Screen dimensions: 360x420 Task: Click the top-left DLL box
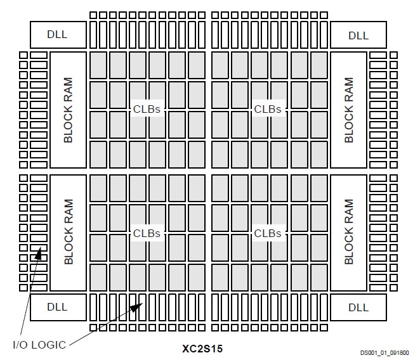[x=56, y=35]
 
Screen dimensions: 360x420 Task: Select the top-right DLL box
[x=358, y=35]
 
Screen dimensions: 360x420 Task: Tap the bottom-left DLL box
[x=56, y=307]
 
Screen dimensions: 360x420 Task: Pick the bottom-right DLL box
[x=358, y=307]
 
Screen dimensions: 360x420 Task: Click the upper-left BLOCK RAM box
[x=68, y=110]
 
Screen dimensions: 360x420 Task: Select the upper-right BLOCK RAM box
[x=348, y=110]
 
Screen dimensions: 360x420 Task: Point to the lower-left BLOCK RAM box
[x=68, y=232]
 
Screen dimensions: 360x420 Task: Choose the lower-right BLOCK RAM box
[x=348, y=232]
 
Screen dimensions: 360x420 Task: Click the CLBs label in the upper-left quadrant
[x=147, y=109]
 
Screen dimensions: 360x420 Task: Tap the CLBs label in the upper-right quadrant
[x=268, y=109]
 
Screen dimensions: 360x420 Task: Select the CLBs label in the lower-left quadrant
[x=147, y=233]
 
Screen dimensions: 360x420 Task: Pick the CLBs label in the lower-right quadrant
[x=268, y=233]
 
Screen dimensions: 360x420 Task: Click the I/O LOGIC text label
[x=39, y=345]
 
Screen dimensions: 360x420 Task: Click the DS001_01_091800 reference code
[x=384, y=352]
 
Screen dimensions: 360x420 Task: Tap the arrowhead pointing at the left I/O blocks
[x=41, y=254]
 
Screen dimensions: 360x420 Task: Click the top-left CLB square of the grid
[x=98, y=64]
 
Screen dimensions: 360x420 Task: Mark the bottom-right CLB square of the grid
[x=319, y=277]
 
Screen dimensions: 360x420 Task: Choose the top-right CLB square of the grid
[x=319, y=64]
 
